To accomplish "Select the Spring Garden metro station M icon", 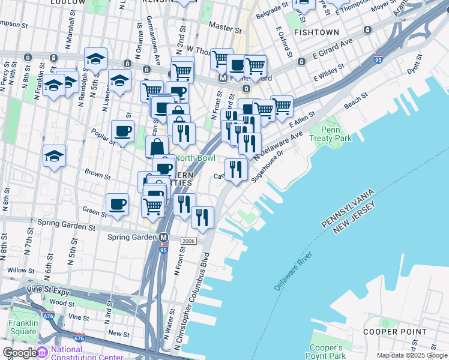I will pos(163,238).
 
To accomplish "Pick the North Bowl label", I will pos(194,158).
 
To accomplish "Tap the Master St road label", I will pos(226,28).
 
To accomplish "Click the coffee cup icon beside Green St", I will pos(117,204).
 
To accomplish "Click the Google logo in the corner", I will pos(19,353).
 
